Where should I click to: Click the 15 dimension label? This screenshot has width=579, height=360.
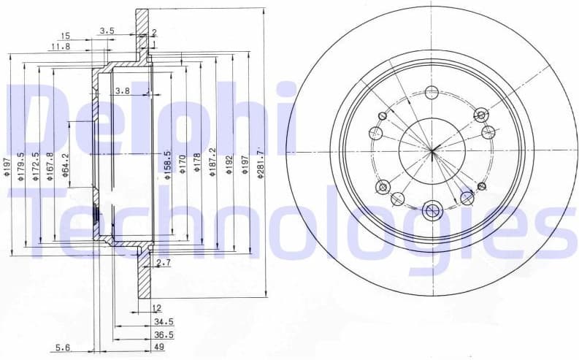tap(66, 36)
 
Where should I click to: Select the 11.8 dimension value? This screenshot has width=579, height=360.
tap(60, 47)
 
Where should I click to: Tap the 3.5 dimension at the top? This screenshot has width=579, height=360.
tap(107, 31)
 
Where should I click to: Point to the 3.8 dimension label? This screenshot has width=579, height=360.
tap(122, 91)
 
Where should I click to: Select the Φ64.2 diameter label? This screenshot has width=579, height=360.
tap(65, 165)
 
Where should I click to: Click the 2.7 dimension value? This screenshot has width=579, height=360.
tap(163, 262)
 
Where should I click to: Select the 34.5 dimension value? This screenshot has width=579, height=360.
tap(163, 321)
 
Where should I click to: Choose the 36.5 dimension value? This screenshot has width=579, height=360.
tap(163, 334)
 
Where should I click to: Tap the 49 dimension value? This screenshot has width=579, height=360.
tap(158, 348)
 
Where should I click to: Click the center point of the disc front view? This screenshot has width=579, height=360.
tap(432, 152)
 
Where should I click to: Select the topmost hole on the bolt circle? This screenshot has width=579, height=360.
tap(432, 93)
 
